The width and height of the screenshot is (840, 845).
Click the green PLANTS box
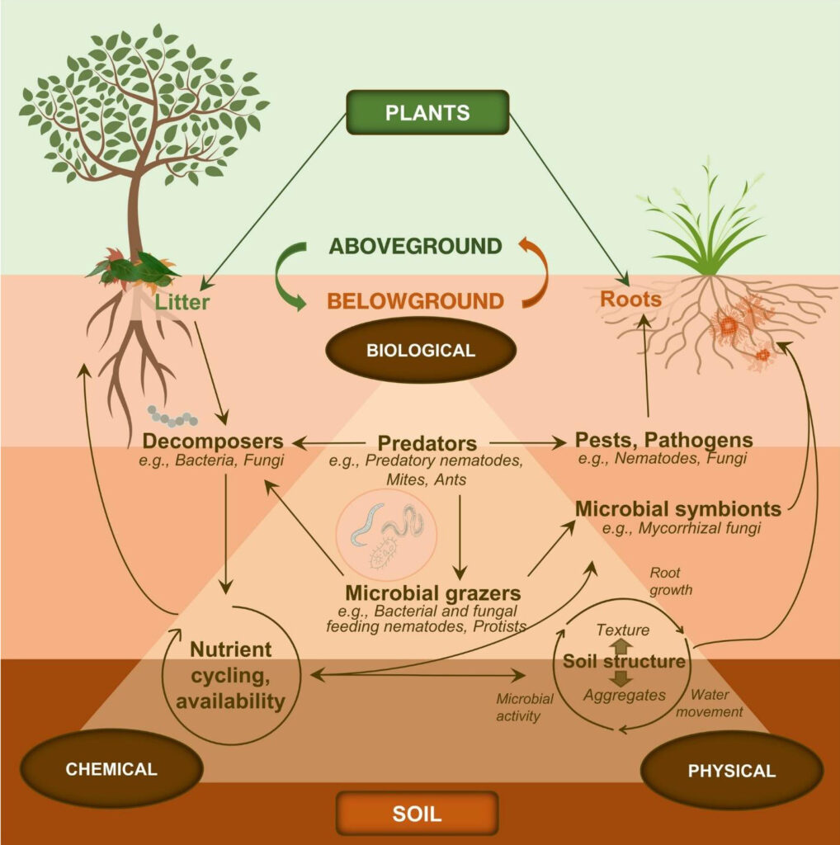[x=427, y=112]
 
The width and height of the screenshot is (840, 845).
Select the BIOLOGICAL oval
[x=420, y=350]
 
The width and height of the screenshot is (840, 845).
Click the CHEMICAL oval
[x=111, y=769]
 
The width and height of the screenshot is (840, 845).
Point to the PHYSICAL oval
[x=731, y=772]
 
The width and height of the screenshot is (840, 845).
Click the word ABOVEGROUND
[x=415, y=246]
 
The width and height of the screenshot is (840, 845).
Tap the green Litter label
[x=182, y=303]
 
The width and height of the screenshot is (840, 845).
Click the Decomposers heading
[x=213, y=441]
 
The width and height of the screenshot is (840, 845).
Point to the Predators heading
[x=427, y=442]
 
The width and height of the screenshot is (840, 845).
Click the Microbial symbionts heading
[x=677, y=507]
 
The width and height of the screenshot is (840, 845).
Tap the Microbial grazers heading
[x=433, y=592]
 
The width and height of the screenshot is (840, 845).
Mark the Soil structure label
[x=624, y=661]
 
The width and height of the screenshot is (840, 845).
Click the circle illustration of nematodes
[x=387, y=536]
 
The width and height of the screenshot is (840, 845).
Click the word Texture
[x=622, y=630]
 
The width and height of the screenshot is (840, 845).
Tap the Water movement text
[x=716, y=702]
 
